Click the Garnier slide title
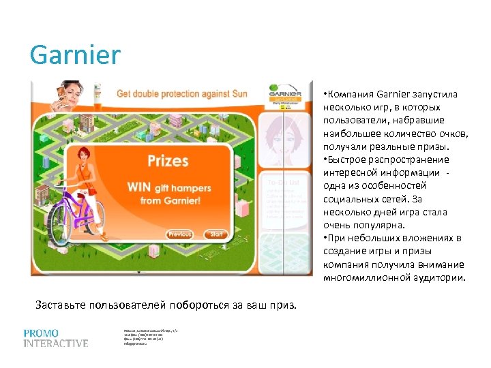coord(75,55)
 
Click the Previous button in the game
coord(180,234)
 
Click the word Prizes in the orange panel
coord(168,161)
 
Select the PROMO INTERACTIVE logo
coord(56,338)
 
